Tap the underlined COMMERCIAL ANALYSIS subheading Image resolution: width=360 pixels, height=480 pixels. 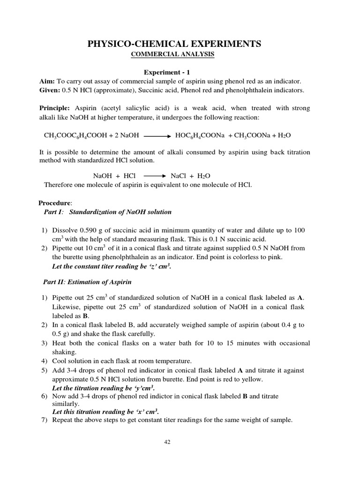pyautogui.click(x=172, y=55)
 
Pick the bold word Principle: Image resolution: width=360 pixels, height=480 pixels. pyautogui.click(x=54, y=108)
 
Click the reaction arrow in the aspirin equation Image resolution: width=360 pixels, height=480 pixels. pyautogui.click(x=157, y=135)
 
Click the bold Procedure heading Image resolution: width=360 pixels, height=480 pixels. pyautogui.click(x=55, y=202)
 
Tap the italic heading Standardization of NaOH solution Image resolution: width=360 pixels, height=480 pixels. pyautogui.click(x=120, y=212)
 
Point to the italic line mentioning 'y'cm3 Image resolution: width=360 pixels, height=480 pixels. pyautogui.click(x=103, y=389)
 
